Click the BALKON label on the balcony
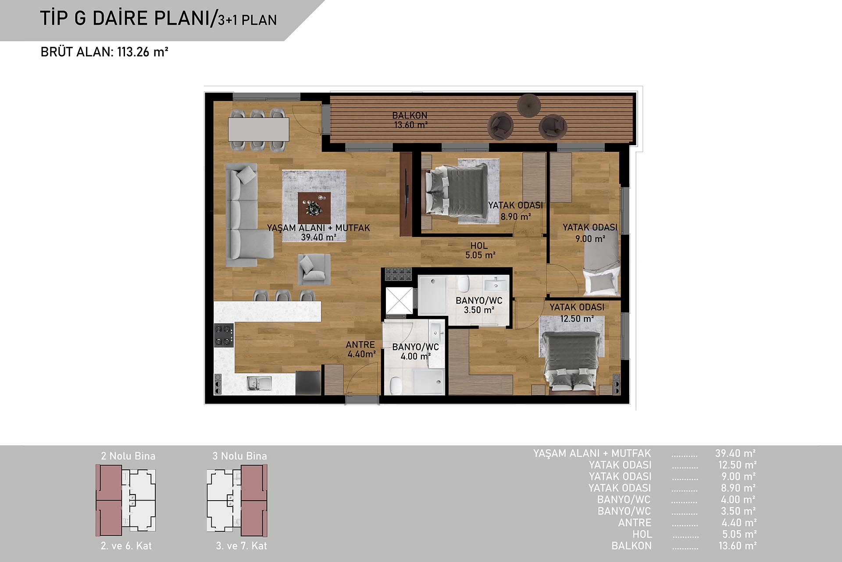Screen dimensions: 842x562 (x=410, y=115)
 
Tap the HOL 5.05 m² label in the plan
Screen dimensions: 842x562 (x=480, y=250)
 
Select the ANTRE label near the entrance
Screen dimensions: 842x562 (x=360, y=345)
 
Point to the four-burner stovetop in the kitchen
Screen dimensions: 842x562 (x=223, y=336)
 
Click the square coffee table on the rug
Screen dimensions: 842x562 (x=314, y=208)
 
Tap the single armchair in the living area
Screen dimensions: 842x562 (x=314, y=269)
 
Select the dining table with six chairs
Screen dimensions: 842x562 (x=259, y=129)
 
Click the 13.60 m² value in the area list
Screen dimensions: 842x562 (x=738, y=546)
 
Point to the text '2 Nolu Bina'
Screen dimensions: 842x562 (x=128, y=456)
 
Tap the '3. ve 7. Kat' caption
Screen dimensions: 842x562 (x=241, y=546)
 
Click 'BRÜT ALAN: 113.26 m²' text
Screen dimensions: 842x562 (x=104, y=52)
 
